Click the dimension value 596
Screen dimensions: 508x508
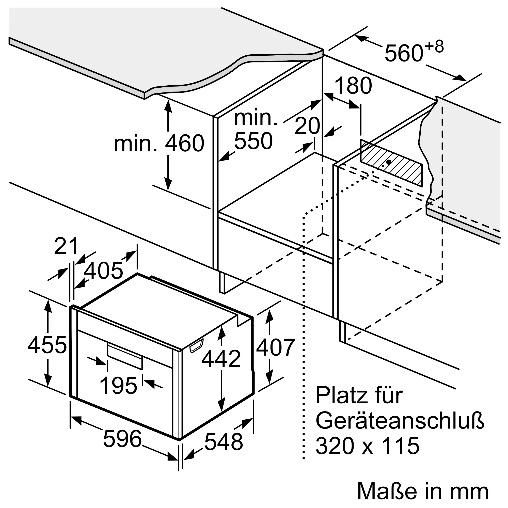click(122, 439)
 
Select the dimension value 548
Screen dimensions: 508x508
click(224, 442)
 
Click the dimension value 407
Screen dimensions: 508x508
click(276, 347)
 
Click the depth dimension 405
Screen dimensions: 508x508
click(103, 271)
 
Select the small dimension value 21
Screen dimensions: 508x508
click(66, 246)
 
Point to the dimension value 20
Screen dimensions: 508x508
click(307, 126)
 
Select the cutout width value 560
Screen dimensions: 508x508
click(404, 53)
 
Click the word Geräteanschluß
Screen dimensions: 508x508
click(400, 421)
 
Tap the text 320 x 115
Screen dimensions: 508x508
click(367, 446)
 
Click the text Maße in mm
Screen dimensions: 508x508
click(423, 491)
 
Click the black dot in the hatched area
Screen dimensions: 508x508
click(389, 162)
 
